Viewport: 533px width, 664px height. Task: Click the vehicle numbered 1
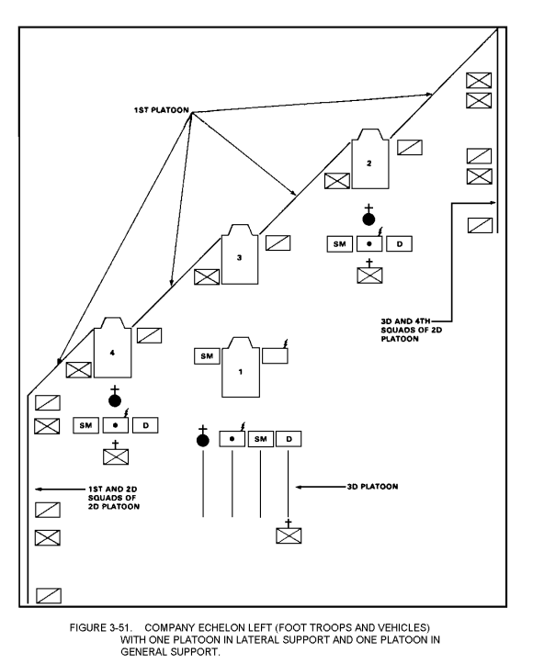[241, 367]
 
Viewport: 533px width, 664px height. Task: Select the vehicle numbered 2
[369, 159]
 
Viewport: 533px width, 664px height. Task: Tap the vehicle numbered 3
[240, 254]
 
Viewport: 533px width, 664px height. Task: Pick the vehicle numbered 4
[112, 347]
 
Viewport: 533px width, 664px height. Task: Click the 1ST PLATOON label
[162, 110]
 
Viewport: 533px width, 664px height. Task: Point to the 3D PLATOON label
[372, 487]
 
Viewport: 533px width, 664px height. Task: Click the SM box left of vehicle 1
[207, 356]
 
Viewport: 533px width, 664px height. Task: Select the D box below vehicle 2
[399, 244]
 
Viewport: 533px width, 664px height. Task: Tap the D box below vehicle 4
[145, 425]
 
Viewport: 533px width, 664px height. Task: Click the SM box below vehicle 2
[339, 244]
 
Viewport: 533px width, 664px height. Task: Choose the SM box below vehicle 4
[85, 425]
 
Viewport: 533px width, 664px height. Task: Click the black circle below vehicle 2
[369, 219]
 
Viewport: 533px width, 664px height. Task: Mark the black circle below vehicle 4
[115, 400]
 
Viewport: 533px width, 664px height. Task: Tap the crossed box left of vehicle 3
[207, 276]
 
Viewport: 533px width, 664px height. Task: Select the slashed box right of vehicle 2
[409, 147]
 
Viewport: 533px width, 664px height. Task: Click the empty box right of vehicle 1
[275, 355]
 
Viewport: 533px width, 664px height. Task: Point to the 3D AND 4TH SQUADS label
[411, 330]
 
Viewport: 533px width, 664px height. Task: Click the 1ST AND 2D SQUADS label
[114, 498]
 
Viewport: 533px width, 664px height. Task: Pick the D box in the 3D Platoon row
[289, 439]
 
